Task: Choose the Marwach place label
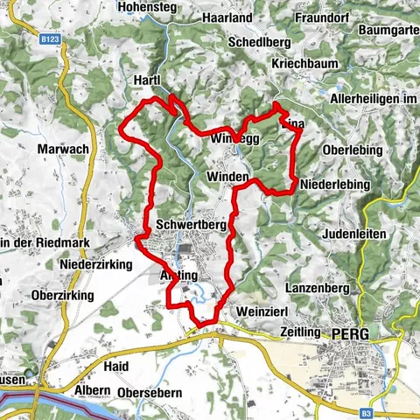coord(63,149)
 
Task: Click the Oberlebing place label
coord(353,150)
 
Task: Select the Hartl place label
coord(144,80)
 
